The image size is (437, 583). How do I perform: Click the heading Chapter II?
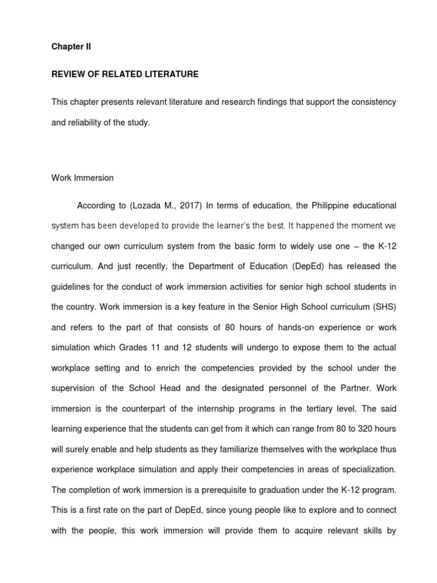(71, 47)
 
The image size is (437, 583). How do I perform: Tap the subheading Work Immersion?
(83, 178)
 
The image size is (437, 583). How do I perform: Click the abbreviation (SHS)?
(384, 306)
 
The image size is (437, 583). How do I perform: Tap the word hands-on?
(284, 327)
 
